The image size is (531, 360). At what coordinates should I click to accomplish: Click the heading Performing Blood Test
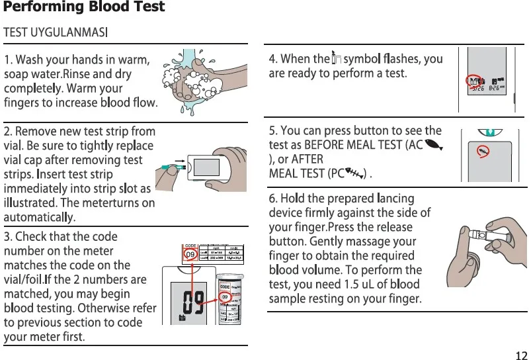point(84,8)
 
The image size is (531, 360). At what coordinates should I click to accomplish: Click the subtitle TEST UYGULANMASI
point(56,32)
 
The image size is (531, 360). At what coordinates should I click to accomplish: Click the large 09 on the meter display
point(192,302)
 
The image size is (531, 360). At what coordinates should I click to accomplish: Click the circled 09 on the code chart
point(190,255)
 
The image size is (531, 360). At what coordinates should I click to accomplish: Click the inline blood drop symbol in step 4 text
point(335,58)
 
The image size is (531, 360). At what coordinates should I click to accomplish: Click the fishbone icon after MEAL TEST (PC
point(357,174)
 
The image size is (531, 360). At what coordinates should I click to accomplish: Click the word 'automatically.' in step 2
point(40,217)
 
